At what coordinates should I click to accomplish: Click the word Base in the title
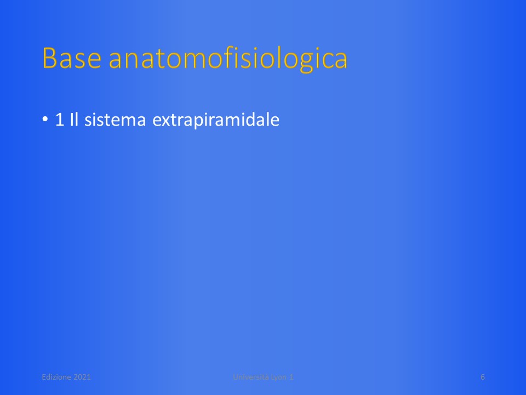72,58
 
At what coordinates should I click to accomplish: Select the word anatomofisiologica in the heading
228,59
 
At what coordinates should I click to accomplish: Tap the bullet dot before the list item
45,119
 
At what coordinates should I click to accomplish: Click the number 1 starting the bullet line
59,120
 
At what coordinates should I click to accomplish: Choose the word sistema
115,120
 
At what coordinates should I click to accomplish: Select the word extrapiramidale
216,120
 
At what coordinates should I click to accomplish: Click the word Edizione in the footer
56,377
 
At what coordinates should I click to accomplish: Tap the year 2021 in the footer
82,377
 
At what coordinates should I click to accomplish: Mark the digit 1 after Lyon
291,377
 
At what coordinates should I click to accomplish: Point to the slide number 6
483,377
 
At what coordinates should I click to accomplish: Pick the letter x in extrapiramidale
165,121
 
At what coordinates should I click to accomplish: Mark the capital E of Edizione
44,377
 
